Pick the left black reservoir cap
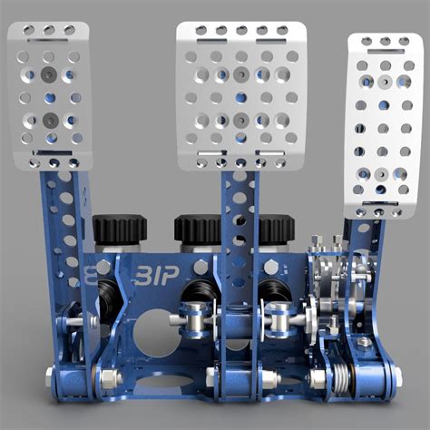coord(120,229)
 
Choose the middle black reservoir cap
coord(200,229)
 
